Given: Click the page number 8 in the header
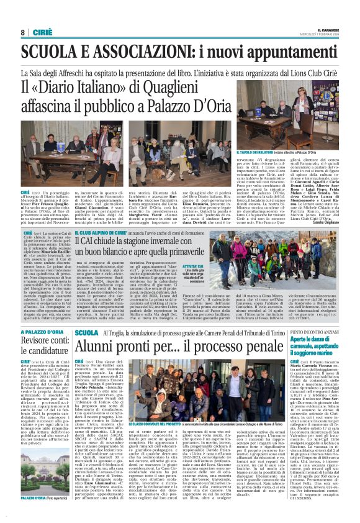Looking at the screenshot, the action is click(22, 32).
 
